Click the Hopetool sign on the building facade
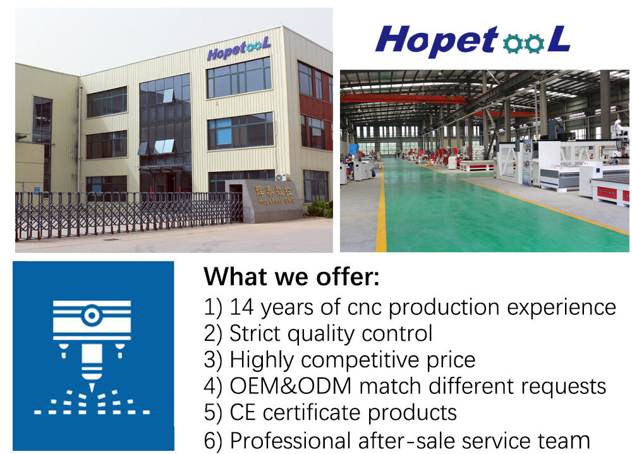238,49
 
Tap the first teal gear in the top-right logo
513,44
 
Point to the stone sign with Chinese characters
273,201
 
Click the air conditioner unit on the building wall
281,176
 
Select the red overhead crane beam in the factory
403,99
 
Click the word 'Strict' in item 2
255,333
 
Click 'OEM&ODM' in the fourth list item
290,386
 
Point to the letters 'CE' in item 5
243,412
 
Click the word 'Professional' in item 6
290,440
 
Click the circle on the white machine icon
92,316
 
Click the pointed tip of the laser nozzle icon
92,391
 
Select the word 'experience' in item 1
561,308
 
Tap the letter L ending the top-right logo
559,39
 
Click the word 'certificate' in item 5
312,412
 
